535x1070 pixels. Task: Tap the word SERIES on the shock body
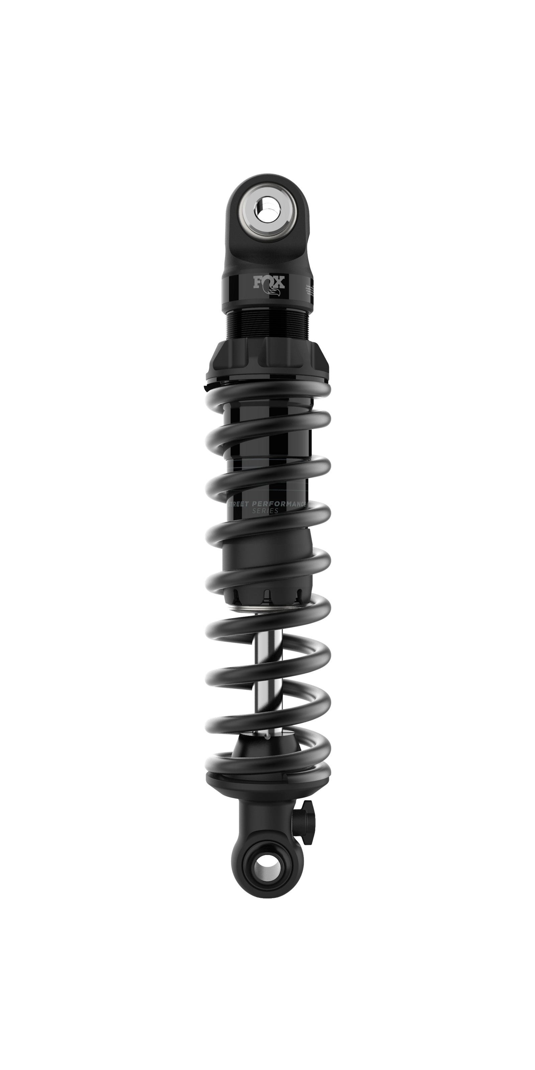[x=266, y=511]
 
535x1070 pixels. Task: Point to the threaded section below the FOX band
[x=268, y=324]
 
